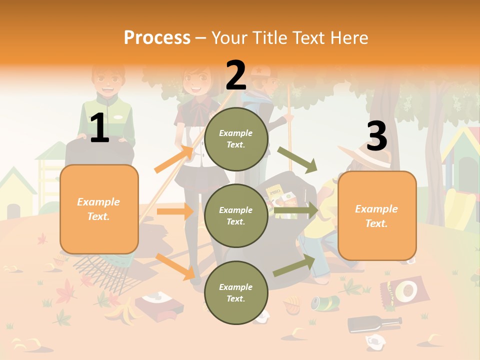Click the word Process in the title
click(x=157, y=37)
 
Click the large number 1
click(x=99, y=128)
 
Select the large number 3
click(x=376, y=136)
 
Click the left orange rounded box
click(x=99, y=209)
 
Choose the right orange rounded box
click(x=377, y=215)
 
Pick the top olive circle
click(x=236, y=139)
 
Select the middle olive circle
click(x=236, y=215)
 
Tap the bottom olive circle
click(x=236, y=292)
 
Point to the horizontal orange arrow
click(x=175, y=211)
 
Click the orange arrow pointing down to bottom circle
click(x=175, y=266)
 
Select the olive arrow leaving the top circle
click(x=297, y=159)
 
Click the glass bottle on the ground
click(x=374, y=323)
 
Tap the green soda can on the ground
click(x=325, y=302)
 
